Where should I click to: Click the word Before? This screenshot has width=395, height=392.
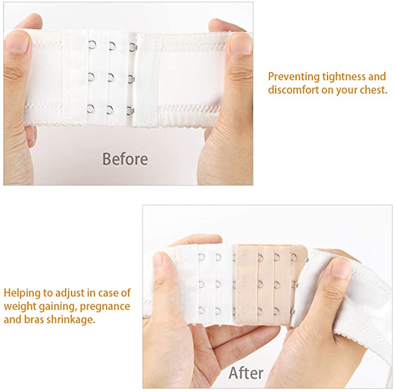click(125, 159)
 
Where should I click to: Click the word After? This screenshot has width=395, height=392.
click(246, 373)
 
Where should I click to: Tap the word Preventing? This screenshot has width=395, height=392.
click(294, 77)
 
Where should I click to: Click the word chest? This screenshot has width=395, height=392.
click(373, 90)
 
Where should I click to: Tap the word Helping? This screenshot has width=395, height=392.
click(22, 293)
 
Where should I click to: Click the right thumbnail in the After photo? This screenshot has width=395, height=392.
click(341, 268)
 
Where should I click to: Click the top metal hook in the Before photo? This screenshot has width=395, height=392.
click(133, 47)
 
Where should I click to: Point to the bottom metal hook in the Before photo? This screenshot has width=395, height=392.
click(130, 111)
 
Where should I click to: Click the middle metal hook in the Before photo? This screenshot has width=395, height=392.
click(131, 79)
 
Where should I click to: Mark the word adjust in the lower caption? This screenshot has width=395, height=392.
click(70, 294)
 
